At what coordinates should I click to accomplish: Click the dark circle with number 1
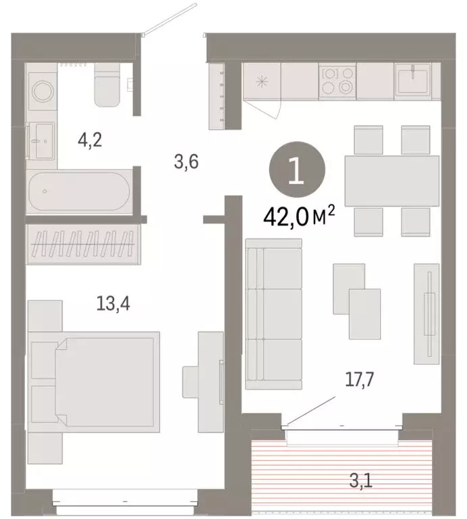295,172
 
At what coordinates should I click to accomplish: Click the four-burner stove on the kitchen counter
336,80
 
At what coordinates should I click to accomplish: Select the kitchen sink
409,80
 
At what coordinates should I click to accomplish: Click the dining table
391,180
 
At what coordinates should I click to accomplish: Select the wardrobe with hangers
82,240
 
